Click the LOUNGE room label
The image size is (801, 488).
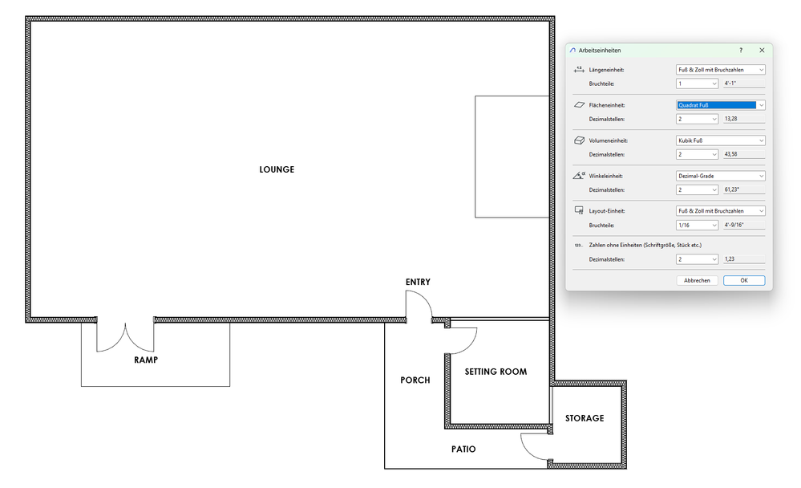click(x=277, y=170)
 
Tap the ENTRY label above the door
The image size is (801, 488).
click(x=418, y=282)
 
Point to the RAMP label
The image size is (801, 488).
click(x=146, y=360)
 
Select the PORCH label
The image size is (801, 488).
click(x=415, y=380)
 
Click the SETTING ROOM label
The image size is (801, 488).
click(x=496, y=372)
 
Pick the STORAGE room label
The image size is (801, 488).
click(x=585, y=418)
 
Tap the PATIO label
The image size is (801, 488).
click(x=463, y=449)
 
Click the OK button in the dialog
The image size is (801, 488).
click(x=744, y=280)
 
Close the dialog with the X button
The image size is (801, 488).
click(x=762, y=50)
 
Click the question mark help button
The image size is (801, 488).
click(x=741, y=50)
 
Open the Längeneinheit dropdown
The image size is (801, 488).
click(x=720, y=70)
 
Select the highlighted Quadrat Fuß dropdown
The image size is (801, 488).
click(x=720, y=105)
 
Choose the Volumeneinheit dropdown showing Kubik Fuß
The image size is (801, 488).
click(x=720, y=140)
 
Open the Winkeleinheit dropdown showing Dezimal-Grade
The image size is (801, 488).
click(x=720, y=176)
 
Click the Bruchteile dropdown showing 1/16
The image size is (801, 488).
click(x=697, y=225)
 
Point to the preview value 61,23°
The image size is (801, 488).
click(x=731, y=189)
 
